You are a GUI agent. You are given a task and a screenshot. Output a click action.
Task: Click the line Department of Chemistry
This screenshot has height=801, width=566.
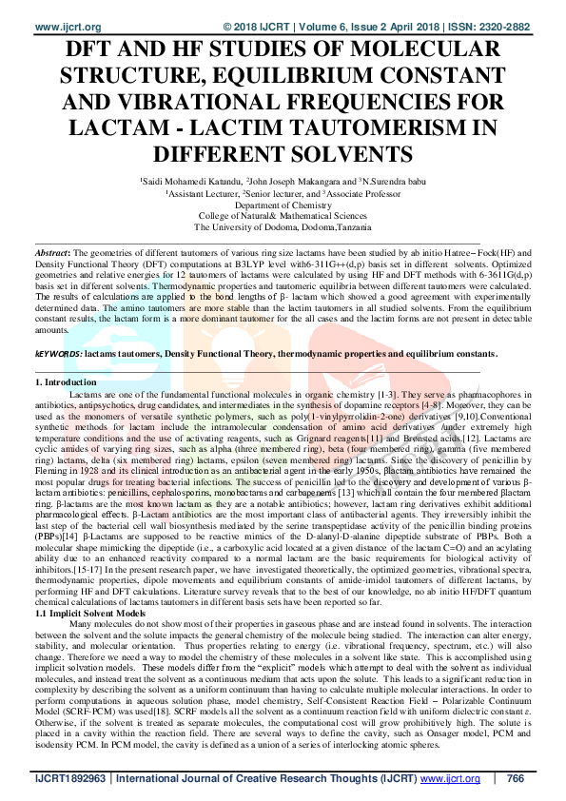tap(283, 204)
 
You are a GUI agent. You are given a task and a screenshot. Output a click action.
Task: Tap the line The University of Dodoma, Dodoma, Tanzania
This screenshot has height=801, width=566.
tap(283, 227)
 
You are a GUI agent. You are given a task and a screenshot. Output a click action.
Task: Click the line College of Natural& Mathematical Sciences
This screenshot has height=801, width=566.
tap(283, 216)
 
